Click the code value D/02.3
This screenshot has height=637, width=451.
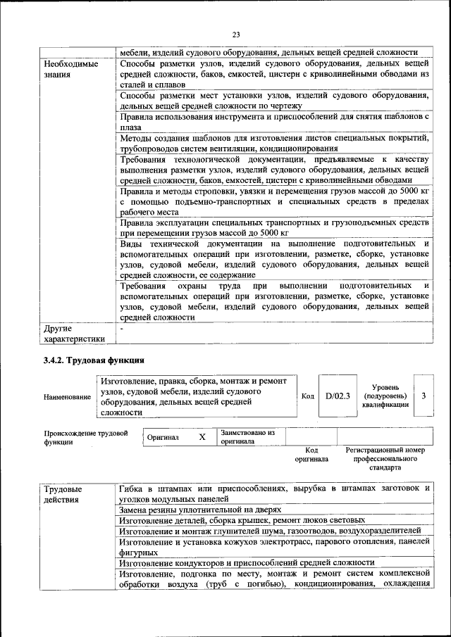coord(338,396)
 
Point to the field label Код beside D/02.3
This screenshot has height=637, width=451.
coord(307,396)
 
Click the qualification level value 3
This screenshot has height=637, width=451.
coord(424,396)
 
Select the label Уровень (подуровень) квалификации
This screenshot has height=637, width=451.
coord(385,396)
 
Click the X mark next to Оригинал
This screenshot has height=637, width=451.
coord(202,437)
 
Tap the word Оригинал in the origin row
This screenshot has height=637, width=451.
coord(163,438)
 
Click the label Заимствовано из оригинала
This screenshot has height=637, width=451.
coord(247,437)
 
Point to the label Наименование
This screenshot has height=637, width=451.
coord(67,397)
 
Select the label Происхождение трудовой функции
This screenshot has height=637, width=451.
coord(85,438)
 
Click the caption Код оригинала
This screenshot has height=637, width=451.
coord(311,454)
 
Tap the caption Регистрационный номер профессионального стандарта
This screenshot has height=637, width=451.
coord(385,458)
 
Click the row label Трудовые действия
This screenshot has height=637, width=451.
coord(63,493)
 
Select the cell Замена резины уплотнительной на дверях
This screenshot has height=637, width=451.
coord(200,509)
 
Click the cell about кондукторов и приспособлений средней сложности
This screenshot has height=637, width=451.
coord(247,562)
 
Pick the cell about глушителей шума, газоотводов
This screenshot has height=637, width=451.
coord(270,530)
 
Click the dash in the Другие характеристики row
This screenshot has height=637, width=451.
coord(123,328)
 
